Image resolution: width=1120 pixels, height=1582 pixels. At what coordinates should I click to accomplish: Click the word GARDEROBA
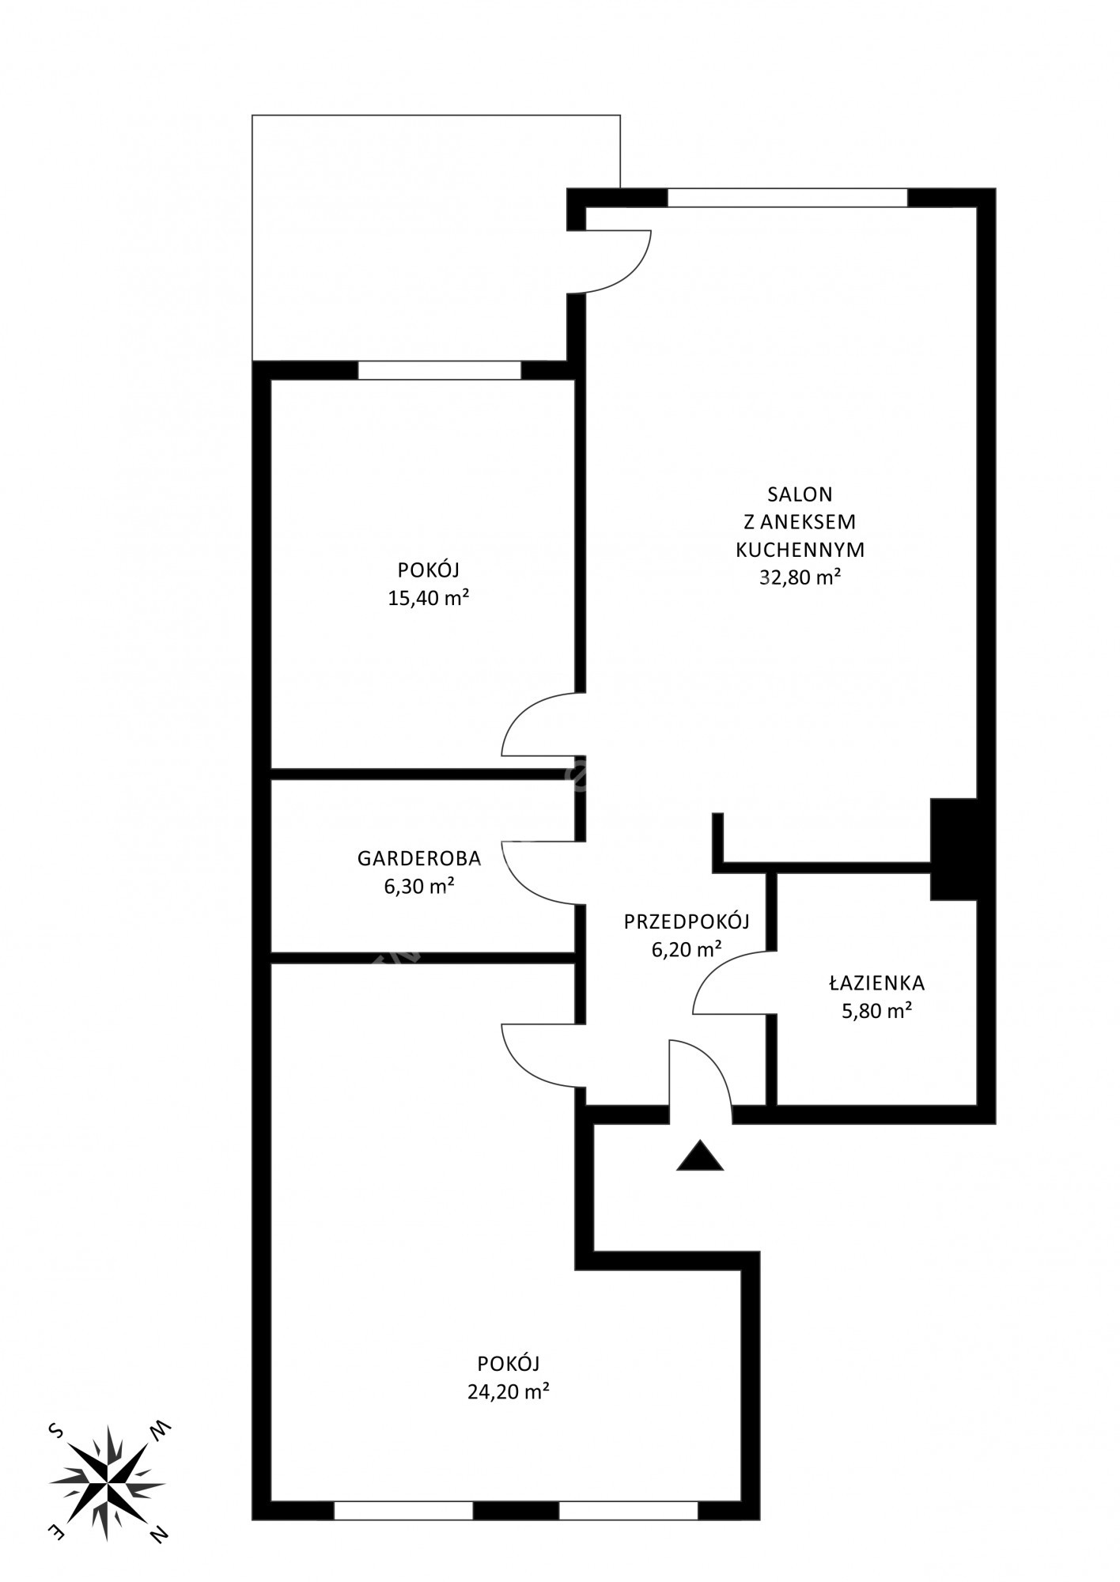click(419, 858)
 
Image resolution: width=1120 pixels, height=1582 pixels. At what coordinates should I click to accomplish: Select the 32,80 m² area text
click(800, 577)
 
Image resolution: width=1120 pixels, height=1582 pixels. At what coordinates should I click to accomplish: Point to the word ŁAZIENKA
click(877, 983)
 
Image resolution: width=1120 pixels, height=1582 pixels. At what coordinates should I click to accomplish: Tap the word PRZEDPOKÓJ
click(687, 921)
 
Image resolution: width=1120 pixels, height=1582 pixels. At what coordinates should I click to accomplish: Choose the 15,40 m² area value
click(429, 598)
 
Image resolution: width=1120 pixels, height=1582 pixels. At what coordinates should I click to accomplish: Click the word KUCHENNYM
click(800, 550)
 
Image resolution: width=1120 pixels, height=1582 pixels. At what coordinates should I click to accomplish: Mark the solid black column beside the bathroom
click(953, 850)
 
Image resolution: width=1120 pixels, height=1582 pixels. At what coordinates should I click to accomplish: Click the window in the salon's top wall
click(787, 198)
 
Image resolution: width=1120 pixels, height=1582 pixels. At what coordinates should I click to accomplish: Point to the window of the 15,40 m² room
click(440, 370)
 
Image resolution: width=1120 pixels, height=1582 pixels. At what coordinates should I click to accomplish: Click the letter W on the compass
click(161, 1429)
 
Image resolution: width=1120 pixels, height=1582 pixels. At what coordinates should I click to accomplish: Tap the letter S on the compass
click(55, 1430)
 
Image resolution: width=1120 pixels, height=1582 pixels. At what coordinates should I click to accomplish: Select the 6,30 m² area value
click(419, 886)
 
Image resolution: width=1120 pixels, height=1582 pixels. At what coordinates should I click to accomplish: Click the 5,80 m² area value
click(877, 1011)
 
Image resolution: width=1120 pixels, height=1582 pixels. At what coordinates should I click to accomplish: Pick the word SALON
click(800, 494)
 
